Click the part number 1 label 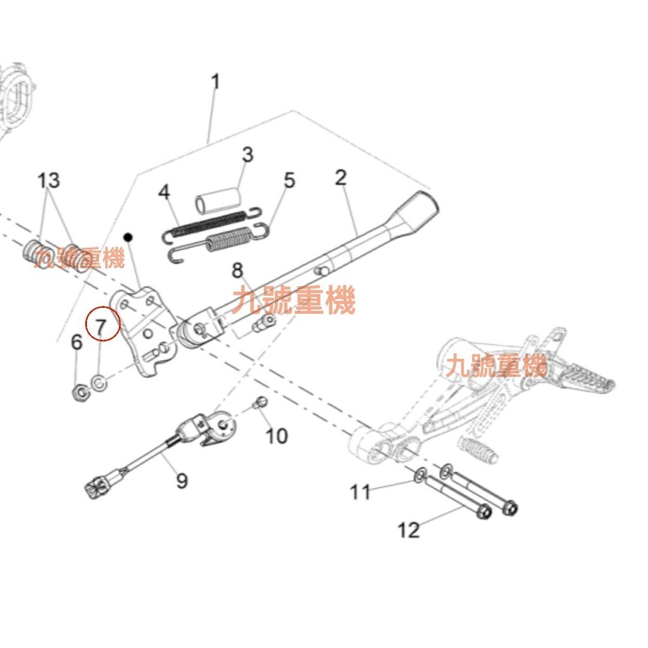click(x=216, y=82)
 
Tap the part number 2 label click(x=341, y=178)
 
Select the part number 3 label click(x=247, y=154)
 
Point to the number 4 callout click(x=165, y=192)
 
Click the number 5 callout click(x=289, y=180)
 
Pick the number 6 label click(x=77, y=343)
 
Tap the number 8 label click(x=237, y=271)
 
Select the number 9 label click(x=182, y=481)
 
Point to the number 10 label click(x=277, y=435)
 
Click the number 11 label click(x=361, y=492)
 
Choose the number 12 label click(x=409, y=530)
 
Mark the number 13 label click(x=49, y=180)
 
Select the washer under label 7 click(x=99, y=383)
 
